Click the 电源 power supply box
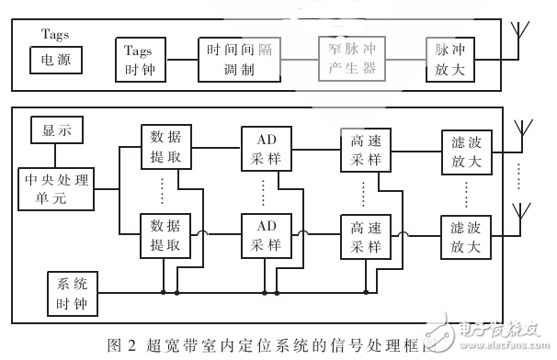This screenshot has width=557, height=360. [57, 62]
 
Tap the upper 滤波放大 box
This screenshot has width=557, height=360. [465, 147]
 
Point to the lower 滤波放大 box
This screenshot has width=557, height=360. [465, 235]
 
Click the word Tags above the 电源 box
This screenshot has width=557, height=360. [56, 34]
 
